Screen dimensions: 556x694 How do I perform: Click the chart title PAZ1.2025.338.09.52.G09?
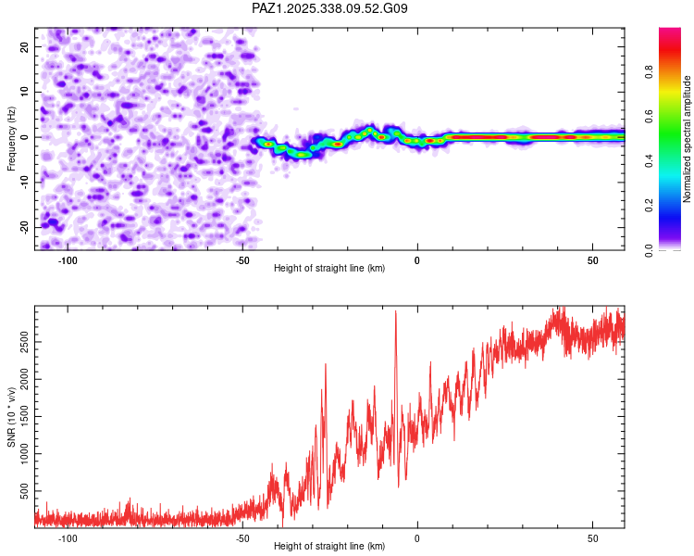329,8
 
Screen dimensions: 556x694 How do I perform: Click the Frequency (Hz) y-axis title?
12,137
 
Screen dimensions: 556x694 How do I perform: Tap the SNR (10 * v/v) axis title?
12,416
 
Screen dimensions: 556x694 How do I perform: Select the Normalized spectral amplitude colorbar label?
688,139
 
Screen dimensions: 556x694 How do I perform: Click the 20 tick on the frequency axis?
25,46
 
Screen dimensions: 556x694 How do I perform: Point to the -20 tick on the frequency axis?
23,227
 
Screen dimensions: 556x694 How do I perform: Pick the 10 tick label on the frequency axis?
25,92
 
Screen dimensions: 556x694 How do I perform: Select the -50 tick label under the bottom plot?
242,538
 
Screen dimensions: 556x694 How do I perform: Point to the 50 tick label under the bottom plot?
592,538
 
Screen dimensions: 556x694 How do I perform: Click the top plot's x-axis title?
329,269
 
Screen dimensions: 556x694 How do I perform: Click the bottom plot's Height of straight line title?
329,546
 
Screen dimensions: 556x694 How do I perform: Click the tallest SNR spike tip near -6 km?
396,311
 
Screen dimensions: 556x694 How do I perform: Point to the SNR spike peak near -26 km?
326,364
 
